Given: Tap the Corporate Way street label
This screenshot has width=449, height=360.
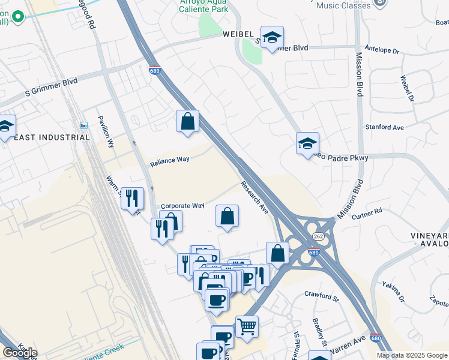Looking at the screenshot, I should (x=182, y=205).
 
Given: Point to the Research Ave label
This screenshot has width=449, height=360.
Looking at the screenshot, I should (x=255, y=197).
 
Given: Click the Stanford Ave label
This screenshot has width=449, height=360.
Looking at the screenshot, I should (x=385, y=127).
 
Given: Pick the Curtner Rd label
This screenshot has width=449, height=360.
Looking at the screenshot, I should (x=367, y=214).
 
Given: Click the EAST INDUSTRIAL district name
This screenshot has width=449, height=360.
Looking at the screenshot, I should (x=52, y=137).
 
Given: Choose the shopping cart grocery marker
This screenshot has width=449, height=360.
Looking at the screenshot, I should (x=247, y=327).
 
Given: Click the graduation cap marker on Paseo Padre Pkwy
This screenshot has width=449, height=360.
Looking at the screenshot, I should (x=307, y=143).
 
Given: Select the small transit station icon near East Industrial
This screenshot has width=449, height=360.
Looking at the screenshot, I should (x=84, y=125).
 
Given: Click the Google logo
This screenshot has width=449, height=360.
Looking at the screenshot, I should (x=20, y=353).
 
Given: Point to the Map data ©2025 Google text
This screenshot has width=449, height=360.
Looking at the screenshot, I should (x=412, y=355).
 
